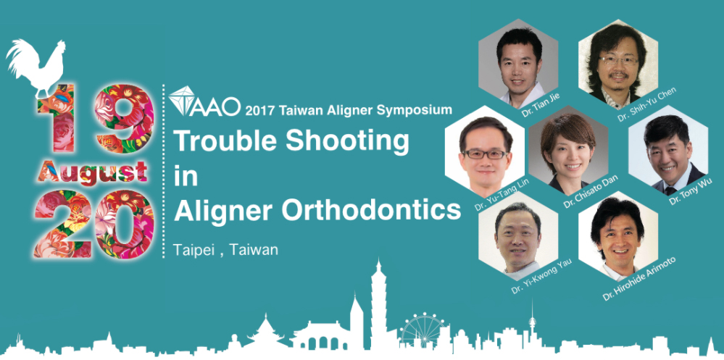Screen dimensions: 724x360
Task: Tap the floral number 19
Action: point(95,118)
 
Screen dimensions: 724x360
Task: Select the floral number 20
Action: point(94,223)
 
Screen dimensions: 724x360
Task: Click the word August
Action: point(93,171)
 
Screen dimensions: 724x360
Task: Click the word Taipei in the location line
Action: point(194,250)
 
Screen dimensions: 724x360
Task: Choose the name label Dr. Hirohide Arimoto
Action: point(638,278)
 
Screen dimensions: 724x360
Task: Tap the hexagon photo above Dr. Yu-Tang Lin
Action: point(484,151)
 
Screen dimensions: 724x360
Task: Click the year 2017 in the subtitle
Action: point(260,110)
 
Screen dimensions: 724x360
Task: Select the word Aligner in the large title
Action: point(223,212)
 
